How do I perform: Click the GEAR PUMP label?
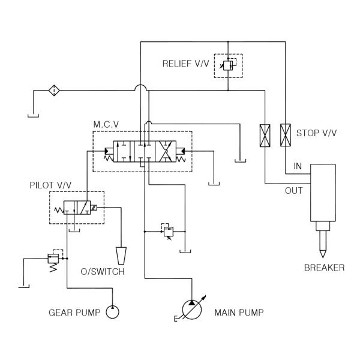click(x=75, y=312)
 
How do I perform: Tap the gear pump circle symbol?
click(x=113, y=312)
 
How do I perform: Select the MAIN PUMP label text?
click(x=239, y=312)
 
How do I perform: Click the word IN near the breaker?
click(x=298, y=166)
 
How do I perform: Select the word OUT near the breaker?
click(x=293, y=191)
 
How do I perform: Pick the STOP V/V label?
click(x=317, y=133)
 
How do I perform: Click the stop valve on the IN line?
click(x=285, y=134)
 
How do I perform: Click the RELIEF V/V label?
click(x=185, y=64)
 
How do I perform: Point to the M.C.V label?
click(x=106, y=124)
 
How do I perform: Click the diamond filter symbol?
click(x=54, y=91)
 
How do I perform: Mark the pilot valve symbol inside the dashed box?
click(x=77, y=209)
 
